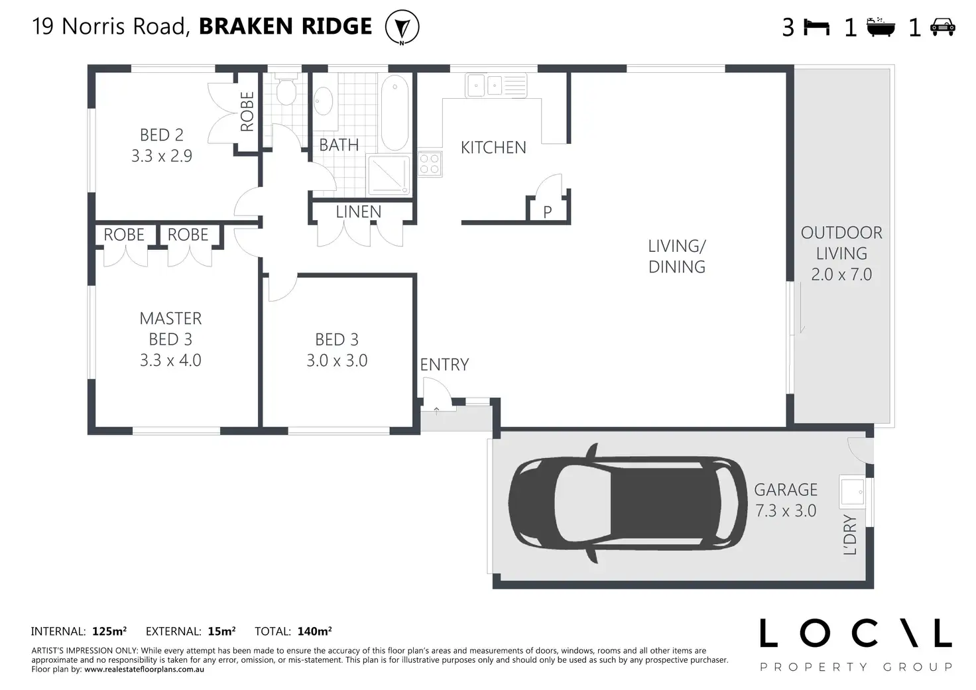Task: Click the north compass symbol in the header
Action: [402, 27]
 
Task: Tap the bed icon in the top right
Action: [816, 27]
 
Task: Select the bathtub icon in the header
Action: [881, 27]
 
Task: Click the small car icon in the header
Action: [942, 27]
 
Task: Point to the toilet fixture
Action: [286, 88]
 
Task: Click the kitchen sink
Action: [496, 86]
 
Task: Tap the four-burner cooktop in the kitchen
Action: [430, 164]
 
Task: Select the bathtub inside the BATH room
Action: [395, 113]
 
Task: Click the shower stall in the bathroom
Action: [389, 175]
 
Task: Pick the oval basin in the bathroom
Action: [324, 101]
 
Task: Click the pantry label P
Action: [548, 212]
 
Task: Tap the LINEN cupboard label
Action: [359, 212]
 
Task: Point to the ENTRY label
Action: [444, 365]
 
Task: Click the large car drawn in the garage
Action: [627, 503]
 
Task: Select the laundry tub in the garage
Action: [852, 492]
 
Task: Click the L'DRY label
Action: [850, 534]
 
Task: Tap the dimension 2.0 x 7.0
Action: [841, 274]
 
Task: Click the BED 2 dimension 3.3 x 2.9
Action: [162, 156]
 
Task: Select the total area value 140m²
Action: [314, 631]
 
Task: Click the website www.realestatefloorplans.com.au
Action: [145, 669]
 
